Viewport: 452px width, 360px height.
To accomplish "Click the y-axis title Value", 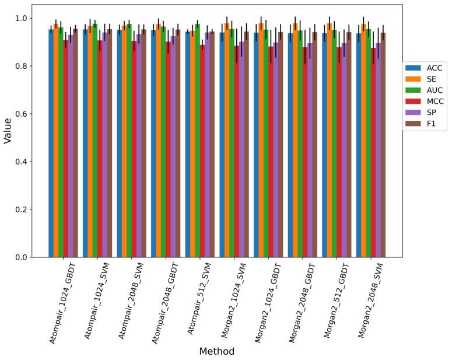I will point(8,131).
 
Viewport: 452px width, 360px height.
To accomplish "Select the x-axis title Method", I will point(216,351).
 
